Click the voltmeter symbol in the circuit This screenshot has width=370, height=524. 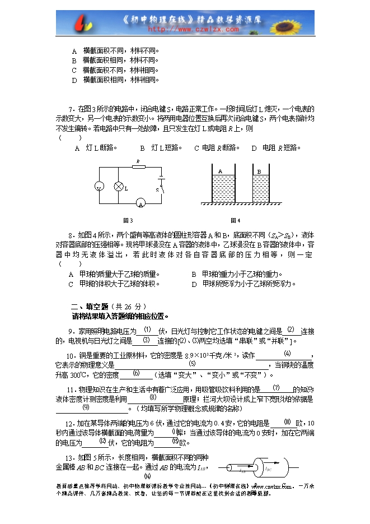click(x=99, y=186)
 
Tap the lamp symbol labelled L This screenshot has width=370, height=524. click(x=118, y=186)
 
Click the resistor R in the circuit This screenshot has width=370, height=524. click(x=138, y=166)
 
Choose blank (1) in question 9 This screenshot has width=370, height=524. click(x=147, y=330)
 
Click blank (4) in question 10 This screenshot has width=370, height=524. click(x=287, y=354)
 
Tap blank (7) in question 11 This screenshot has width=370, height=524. click(x=277, y=388)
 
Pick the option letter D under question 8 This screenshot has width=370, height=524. click(x=194, y=284)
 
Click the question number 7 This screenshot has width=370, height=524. click(x=71, y=109)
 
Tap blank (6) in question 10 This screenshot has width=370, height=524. click(x=136, y=374)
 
